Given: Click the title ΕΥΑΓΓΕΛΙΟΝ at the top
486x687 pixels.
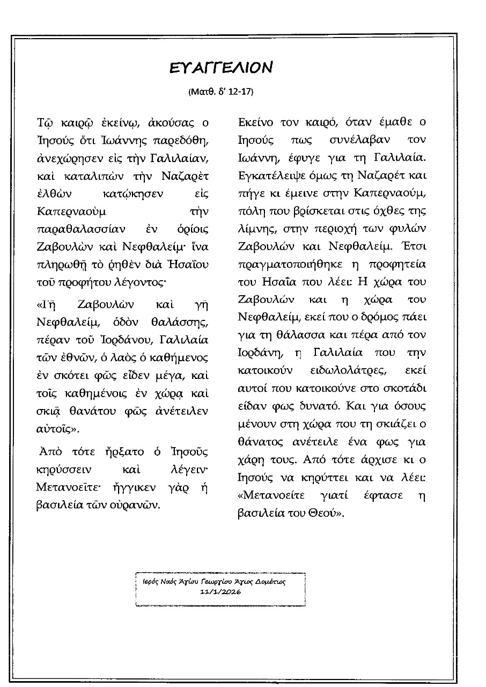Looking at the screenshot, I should [x=220, y=68].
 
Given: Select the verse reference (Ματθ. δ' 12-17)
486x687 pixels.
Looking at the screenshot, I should [x=220, y=92].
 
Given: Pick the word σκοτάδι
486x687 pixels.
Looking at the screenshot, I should [x=409, y=388].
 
